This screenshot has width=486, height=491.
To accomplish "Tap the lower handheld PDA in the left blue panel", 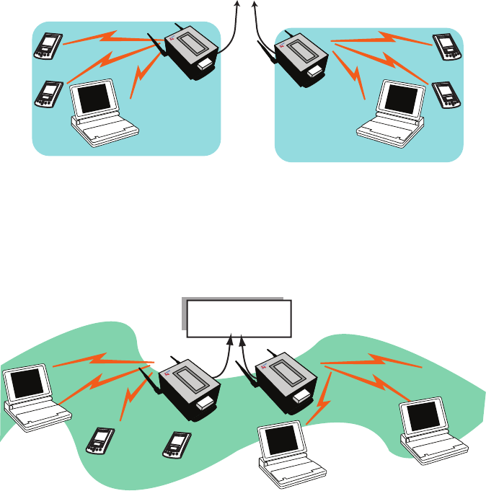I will click(47, 94).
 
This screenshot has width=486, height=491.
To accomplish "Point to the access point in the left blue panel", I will click(191, 48).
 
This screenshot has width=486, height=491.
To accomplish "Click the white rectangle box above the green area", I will click(239, 318).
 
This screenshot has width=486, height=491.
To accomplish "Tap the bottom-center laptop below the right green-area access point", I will click(285, 451).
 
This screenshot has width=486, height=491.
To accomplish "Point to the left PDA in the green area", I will click(100, 441).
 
